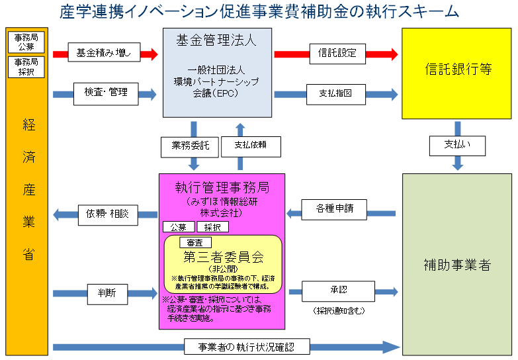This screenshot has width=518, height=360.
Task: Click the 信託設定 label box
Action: pyautogui.click(x=337, y=53)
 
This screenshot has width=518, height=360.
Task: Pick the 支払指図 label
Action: pyautogui.click(x=337, y=93)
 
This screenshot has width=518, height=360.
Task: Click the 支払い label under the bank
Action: pyautogui.click(x=458, y=146)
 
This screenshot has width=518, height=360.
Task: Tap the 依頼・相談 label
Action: pyautogui.click(x=103, y=214)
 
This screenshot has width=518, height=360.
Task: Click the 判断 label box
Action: pyautogui.click(x=106, y=292)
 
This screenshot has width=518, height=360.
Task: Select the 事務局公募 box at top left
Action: pyautogui.click(x=26, y=42)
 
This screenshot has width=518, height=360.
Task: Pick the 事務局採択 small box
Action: pyautogui.click(x=26, y=66)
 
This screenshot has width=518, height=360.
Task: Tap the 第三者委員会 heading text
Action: pyautogui.click(x=223, y=256)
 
